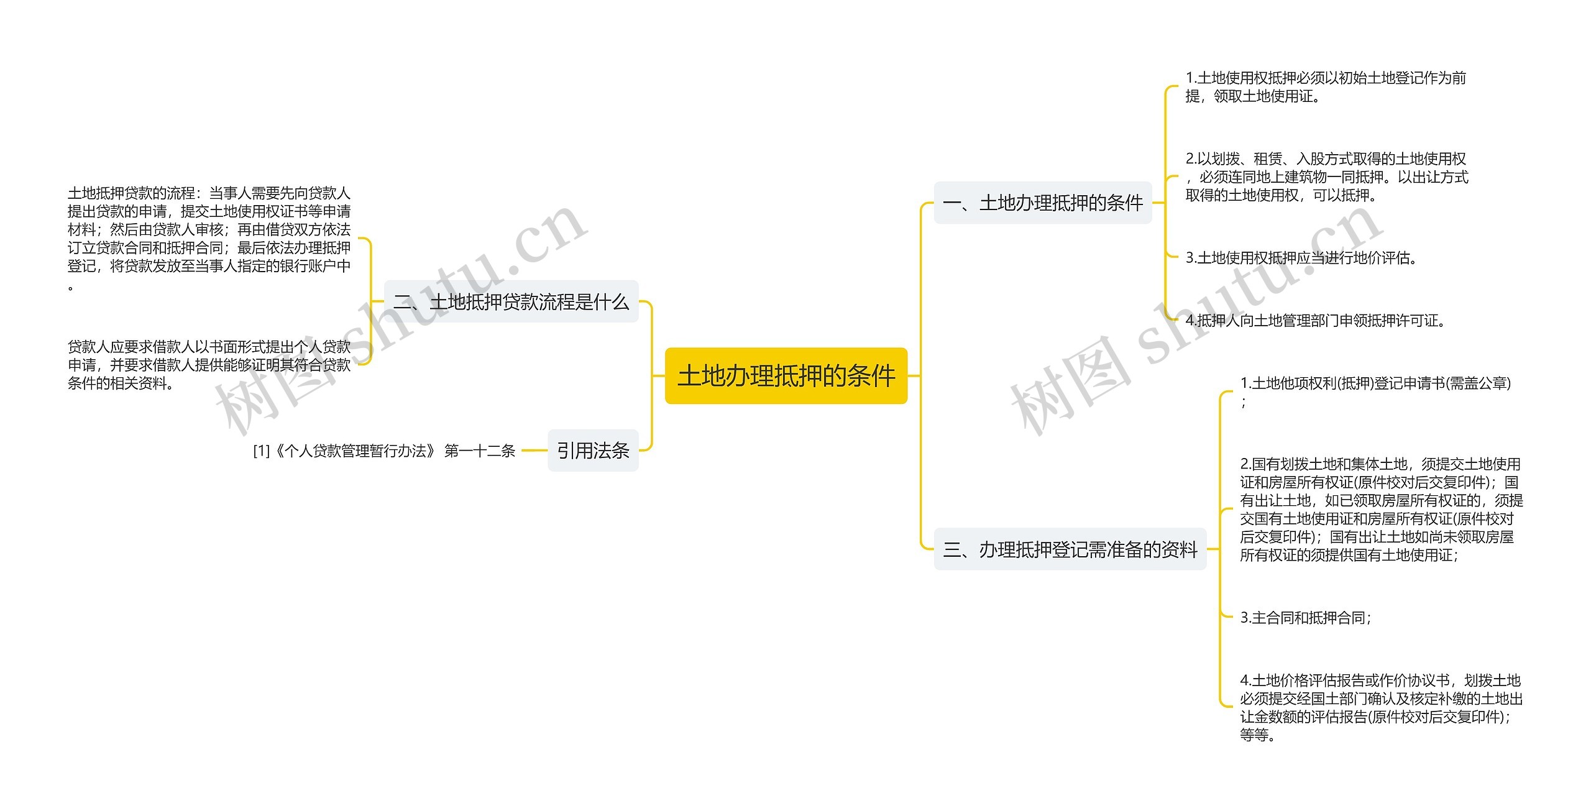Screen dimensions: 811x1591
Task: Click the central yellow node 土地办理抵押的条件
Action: click(x=786, y=376)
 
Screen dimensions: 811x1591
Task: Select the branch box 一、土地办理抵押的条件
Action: click(x=1042, y=203)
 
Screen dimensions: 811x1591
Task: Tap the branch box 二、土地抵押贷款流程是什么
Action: click(x=511, y=302)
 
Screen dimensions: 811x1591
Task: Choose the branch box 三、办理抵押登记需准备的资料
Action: click(x=1070, y=549)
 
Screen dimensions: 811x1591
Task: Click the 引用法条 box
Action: click(x=593, y=451)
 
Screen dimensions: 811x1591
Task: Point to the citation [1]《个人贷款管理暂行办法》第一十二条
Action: click(x=384, y=451)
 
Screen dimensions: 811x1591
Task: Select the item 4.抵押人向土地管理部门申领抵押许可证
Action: click(x=1315, y=321)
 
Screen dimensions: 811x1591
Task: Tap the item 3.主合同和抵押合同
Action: click(x=1305, y=618)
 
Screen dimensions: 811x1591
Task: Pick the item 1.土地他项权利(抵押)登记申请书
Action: click(x=1375, y=384)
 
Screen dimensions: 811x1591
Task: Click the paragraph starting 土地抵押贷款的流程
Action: click(x=209, y=239)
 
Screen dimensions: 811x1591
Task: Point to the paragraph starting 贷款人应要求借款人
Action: click(x=209, y=365)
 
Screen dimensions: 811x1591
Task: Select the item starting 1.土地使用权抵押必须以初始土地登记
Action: click(x=1325, y=87)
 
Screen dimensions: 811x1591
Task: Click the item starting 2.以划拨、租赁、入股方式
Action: click(x=1326, y=177)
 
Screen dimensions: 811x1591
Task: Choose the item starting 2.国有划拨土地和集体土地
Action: click(x=1381, y=510)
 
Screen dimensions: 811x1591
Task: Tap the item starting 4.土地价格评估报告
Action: click(x=1381, y=707)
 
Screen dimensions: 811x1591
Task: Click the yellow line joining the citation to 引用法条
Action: click(x=534, y=451)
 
